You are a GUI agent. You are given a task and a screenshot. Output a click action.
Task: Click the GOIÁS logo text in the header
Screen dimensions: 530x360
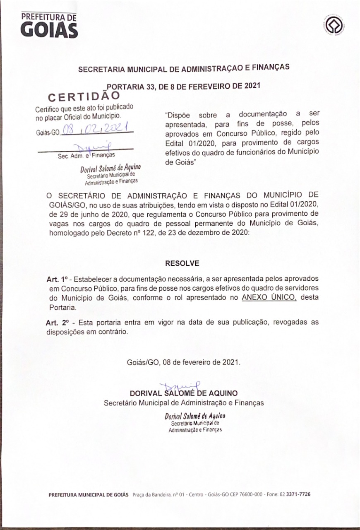(49, 30)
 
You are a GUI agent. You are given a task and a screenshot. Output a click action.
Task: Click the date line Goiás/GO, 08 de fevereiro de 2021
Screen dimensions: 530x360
(183, 361)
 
